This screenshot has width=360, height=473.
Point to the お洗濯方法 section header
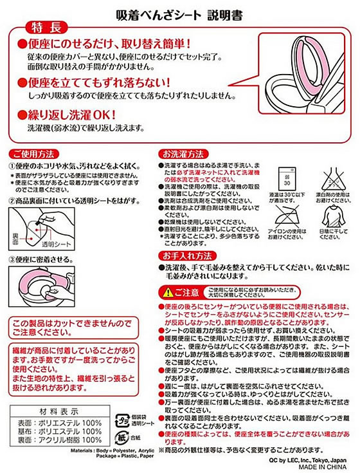click(183, 154)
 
